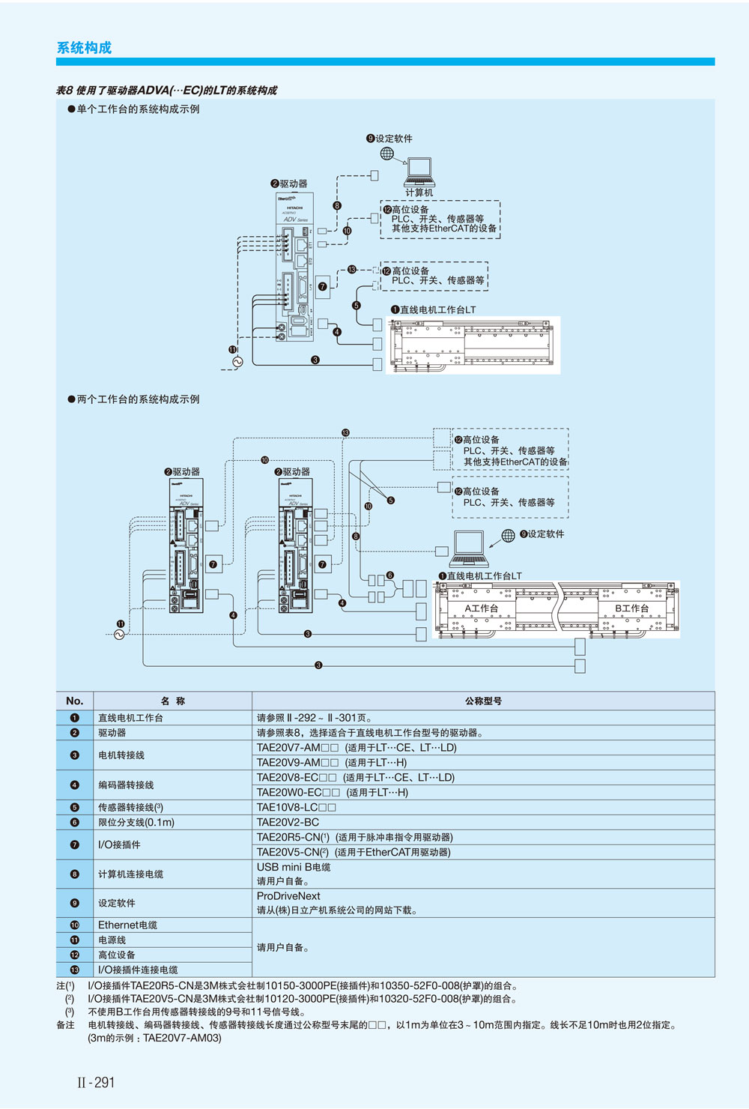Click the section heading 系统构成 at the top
84,48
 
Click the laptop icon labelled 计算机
419,173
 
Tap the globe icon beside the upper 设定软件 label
386,154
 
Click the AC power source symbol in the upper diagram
238,362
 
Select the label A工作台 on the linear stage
482,608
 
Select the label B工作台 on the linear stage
631,608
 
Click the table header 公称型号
483,701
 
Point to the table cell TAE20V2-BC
288,822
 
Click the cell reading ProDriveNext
288,896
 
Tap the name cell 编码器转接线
126,785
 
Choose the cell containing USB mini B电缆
294,867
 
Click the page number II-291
96,1082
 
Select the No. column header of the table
74,701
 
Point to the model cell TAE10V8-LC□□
296,807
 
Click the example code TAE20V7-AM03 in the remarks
182,1038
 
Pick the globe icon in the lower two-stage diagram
508,535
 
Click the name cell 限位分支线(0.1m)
136,822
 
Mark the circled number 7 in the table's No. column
74,844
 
